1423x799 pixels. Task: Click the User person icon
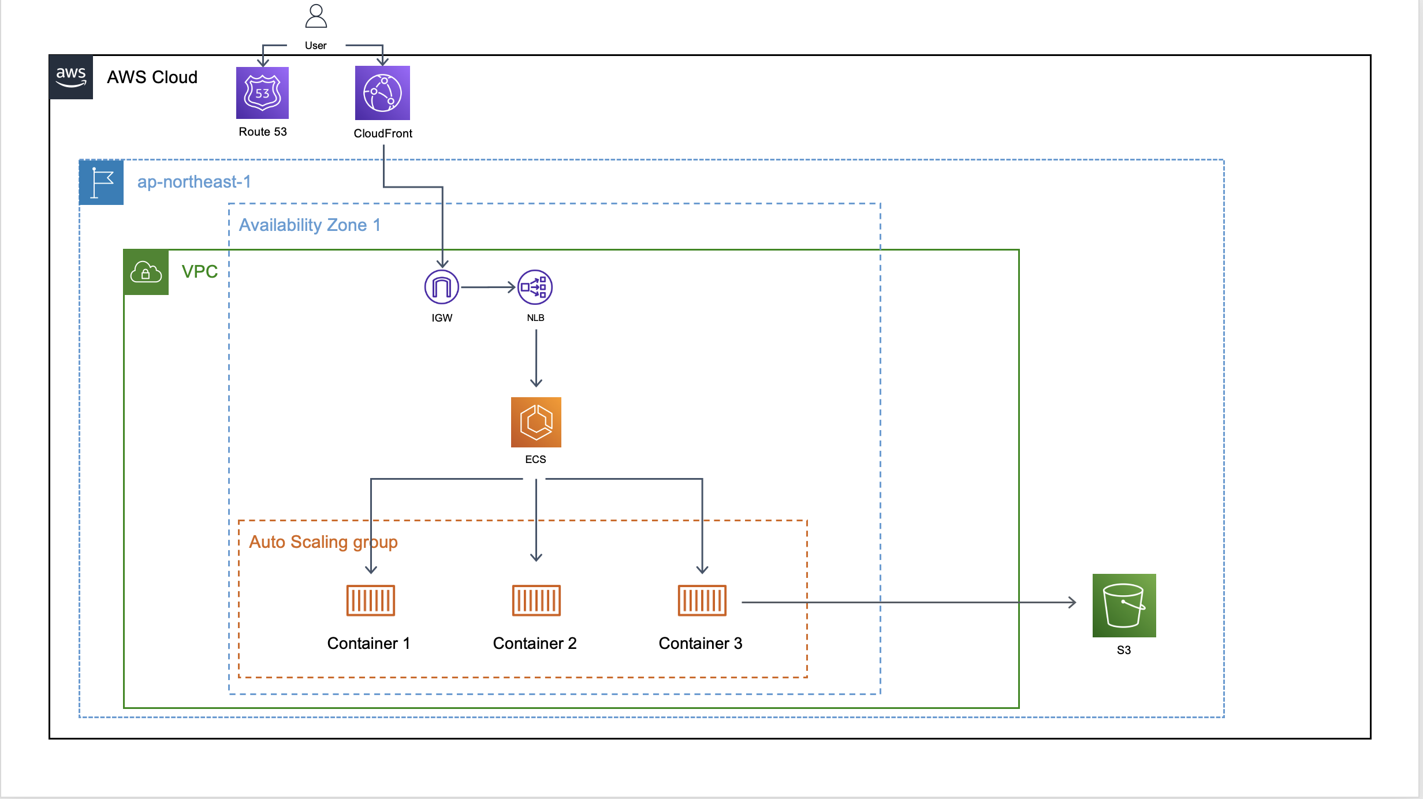[316, 16]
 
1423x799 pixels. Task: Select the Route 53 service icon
[262, 93]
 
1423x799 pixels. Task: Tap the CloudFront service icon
[382, 93]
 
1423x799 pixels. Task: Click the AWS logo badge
[71, 77]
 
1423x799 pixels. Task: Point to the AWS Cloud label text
[152, 77]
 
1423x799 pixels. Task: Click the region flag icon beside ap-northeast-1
[102, 182]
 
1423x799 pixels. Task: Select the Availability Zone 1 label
[310, 225]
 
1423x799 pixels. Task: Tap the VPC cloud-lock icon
[146, 272]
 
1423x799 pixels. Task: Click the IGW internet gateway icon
[442, 287]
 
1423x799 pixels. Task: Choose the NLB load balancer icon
[535, 287]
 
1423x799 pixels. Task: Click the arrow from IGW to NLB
[488, 287]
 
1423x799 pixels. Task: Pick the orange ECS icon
[536, 422]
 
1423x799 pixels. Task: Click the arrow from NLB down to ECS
[536, 358]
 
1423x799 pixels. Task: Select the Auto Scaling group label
[323, 542]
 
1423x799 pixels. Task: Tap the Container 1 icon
[370, 600]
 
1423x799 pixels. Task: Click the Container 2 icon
[536, 600]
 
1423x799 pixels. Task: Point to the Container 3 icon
[702, 600]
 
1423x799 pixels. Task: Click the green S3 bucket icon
[1124, 605]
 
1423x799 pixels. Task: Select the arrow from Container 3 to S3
[907, 602]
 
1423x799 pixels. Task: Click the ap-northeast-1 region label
[194, 182]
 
